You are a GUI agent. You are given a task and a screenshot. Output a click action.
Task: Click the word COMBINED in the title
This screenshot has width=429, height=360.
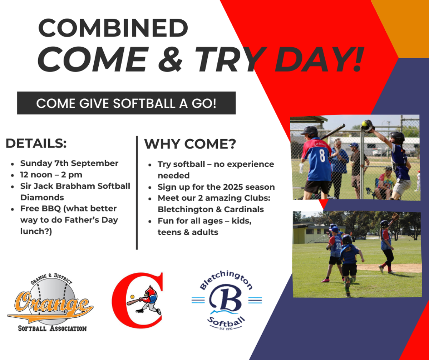click(x=113, y=28)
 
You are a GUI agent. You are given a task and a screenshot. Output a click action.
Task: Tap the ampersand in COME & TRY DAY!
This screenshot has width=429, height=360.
click(x=170, y=59)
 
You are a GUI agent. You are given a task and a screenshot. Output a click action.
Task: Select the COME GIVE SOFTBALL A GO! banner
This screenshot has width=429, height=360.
click(x=126, y=103)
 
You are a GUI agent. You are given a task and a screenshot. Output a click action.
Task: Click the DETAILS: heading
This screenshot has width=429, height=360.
click(x=36, y=143)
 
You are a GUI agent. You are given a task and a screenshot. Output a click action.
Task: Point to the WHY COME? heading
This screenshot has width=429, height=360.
click(x=190, y=144)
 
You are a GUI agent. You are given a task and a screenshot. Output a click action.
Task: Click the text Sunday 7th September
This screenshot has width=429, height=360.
click(x=69, y=163)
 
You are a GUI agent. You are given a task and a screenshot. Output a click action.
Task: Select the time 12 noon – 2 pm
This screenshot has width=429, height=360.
click(x=51, y=175)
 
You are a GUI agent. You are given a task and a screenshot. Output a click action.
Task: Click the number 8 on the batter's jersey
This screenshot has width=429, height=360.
click(x=322, y=155)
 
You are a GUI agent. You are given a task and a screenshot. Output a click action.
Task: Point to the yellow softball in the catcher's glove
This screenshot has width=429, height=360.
click(x=364, y=123)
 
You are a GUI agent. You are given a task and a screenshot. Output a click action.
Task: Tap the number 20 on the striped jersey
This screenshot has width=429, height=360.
click(x=339, y=246)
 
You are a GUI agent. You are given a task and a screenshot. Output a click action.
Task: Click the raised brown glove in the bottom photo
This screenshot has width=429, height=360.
click(x=395, y=217)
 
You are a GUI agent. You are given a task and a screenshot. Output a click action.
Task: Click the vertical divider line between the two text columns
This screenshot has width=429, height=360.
click(x=137, y=193)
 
